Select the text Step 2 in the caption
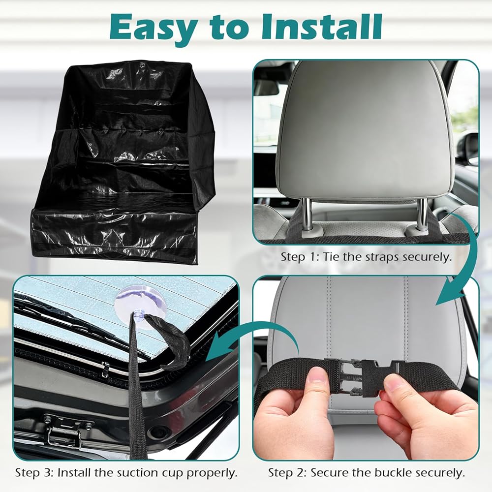tap(287, 473)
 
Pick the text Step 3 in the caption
tap(34, 472)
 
